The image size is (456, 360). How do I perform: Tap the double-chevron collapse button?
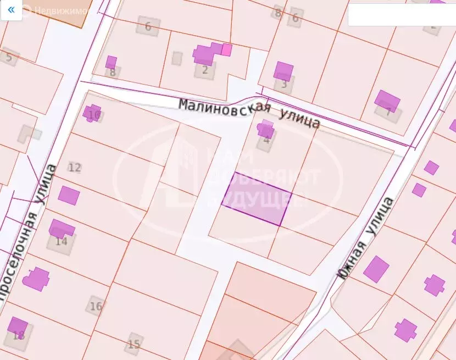11,10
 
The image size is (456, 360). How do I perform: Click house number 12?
75,168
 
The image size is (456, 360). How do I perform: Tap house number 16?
96,306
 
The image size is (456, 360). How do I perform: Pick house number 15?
134,344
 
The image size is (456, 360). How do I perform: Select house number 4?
266,140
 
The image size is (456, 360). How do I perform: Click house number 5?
9,57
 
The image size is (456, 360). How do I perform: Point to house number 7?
388,112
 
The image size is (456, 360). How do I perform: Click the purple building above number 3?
283,71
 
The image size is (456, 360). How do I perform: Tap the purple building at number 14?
61,229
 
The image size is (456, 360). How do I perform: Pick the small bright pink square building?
226,50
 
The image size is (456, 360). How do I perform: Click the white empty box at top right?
402,15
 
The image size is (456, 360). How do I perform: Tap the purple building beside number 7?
387,101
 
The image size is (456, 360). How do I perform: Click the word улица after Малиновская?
299,118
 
